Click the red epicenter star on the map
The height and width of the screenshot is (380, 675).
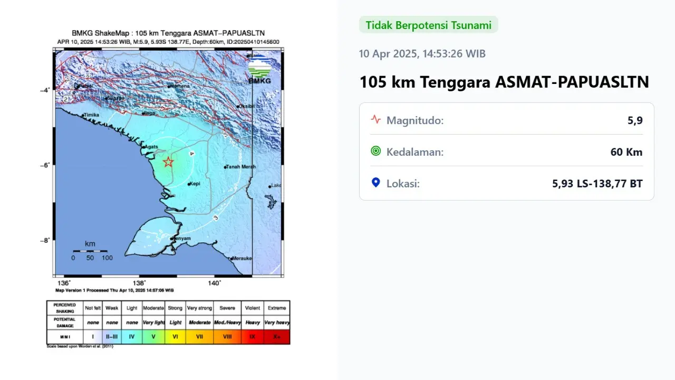[x=168, y=162]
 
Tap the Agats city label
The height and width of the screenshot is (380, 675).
[x=151, y=147]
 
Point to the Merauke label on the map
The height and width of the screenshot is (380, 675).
[x=242, y=258]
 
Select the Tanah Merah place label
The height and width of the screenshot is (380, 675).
[x=241, y=167]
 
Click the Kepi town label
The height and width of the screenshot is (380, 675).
[x=195, y=184]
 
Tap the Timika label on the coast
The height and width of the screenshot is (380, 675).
[x=91, y=115]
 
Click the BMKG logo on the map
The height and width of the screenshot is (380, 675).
[x=259, y=70]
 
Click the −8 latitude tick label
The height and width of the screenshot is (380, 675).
[x=44, y=240]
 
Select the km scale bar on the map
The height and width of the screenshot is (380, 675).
[x=90, y=251]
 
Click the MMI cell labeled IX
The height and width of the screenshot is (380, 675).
[x=252, y=337]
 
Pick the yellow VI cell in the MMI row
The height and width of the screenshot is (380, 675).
[x=175, y=337]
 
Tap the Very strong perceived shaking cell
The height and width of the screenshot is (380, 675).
[x=199, y=308]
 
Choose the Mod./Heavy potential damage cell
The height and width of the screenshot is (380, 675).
[x=227, y=322]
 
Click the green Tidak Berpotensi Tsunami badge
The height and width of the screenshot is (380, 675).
[x=428, y=25]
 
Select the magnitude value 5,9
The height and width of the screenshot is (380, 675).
[x=635, y=120]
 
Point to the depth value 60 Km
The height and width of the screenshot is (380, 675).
[x=626, y=152]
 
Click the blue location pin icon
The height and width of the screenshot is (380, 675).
[x=375, y=183]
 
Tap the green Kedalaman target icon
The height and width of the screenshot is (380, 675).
[x=375, y=151]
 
